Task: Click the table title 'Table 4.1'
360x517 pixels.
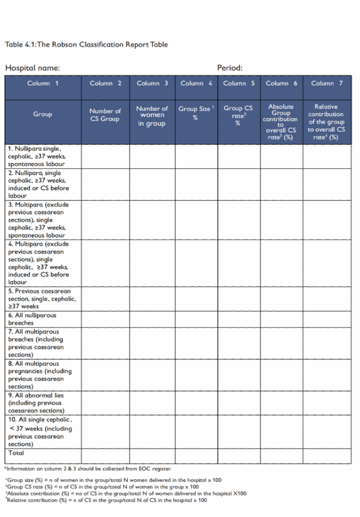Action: click(x=86, y=44)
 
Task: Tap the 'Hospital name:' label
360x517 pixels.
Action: click(x=32, y=68)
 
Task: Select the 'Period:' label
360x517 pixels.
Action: click(x=230, y=68)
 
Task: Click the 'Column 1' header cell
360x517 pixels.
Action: click(x=43, y=83)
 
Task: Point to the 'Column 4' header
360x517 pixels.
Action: click(x=196, y=83)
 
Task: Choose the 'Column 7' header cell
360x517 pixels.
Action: click(x=327, y=83)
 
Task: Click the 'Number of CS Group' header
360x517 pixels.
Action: click(x=105, y=115)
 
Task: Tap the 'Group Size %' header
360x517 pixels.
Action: click(x=196, y=113)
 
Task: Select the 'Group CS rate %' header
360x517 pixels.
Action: click(x=238, y=115)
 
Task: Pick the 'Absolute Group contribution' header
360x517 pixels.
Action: click(x=281, y=122)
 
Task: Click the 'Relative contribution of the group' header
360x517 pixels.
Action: click(x=327, y=122)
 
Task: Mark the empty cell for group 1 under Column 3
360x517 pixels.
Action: click(x=152, y=157)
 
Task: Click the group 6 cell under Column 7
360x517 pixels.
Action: click(x=327, y=319)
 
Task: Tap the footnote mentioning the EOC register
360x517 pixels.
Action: click(x=88, y=469)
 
